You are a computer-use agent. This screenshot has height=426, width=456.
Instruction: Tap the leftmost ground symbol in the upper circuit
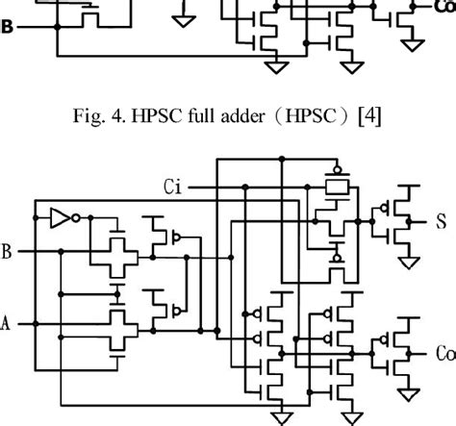tap(181, 16)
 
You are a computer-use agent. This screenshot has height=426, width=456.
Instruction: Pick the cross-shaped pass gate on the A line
tap(116, 324)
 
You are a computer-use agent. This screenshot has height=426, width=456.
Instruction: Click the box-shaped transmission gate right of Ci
tap(337, 186)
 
